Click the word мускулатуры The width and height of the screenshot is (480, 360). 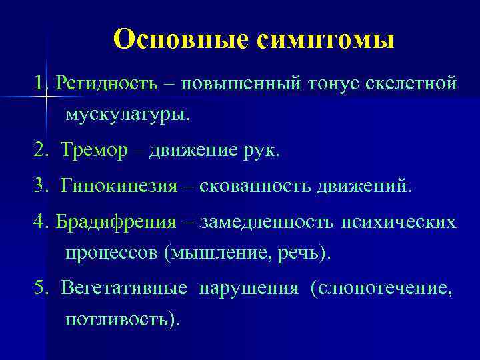[127, 115]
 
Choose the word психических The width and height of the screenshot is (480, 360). [399, 221]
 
